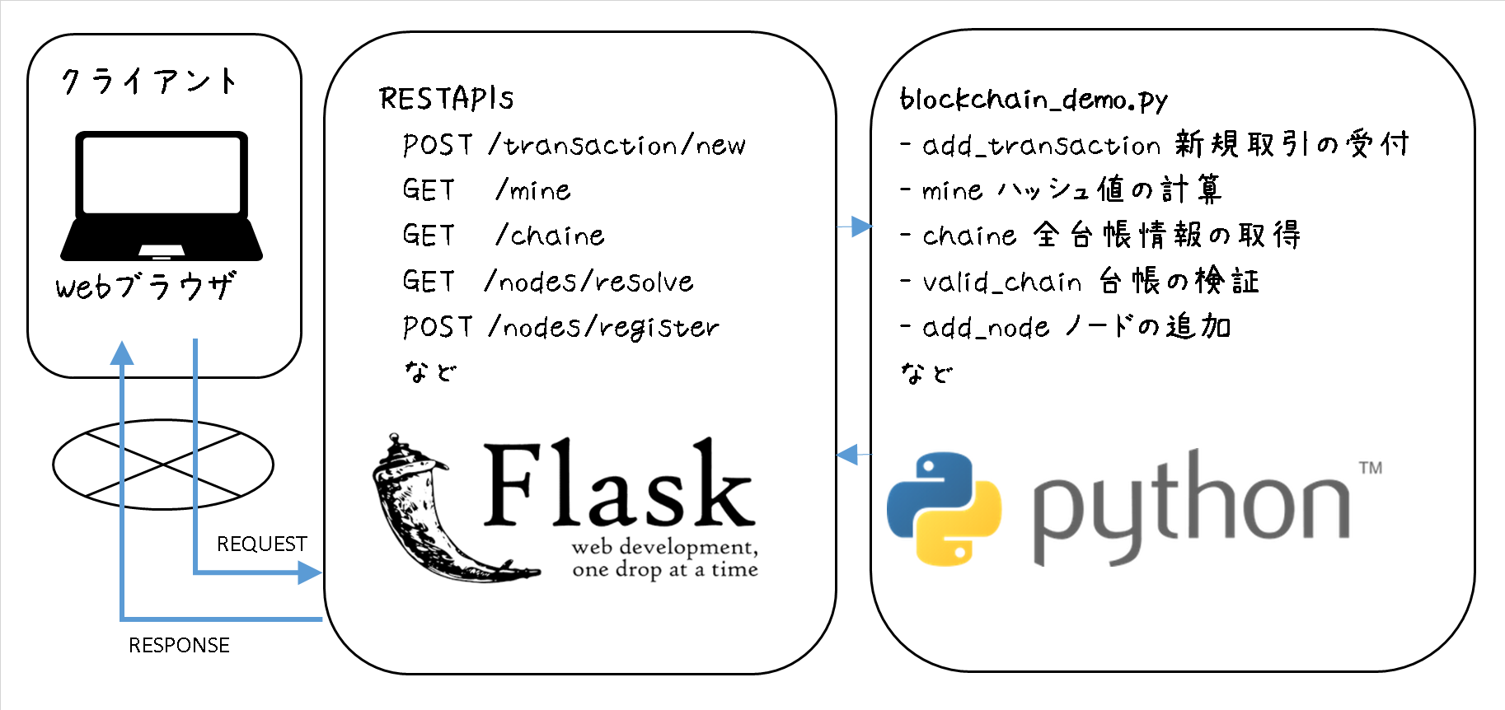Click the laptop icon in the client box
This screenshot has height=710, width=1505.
click(x=162, y=196)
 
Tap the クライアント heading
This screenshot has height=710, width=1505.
click(x=149, y=82)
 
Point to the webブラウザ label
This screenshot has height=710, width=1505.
click(x=145, y=287)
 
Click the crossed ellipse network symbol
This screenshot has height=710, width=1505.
click(x=163, y=465)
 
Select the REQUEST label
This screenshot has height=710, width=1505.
click(x=261, y=544)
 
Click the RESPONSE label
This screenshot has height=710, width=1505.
click(x=179, y=646)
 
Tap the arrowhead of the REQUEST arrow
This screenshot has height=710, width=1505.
click(x=310, y=572)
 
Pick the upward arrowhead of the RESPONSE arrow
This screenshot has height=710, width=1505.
click(x=122, y=353)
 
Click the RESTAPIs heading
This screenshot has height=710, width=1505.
click(x=446, y=99)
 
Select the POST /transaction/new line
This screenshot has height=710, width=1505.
click(x=574, y=146)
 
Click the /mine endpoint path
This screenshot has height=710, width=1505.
click(x=532, y=191)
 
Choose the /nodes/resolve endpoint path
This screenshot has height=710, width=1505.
click(x=589, y=282)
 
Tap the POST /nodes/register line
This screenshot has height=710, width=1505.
click(x=560, y=328)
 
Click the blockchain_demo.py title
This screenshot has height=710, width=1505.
click(x=1034, y=100)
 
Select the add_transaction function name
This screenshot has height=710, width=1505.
click(x=1041, y=146)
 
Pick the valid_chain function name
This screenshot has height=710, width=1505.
click(x=1001, y=283)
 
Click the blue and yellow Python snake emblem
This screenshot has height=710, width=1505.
click(x=944, y=507)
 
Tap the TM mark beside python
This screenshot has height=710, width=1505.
click(x=1371, y=468)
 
